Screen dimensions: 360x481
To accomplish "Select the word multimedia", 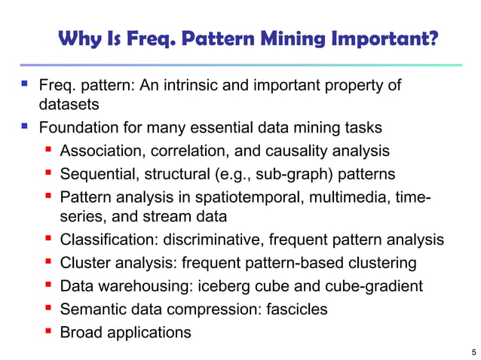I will (345, 199).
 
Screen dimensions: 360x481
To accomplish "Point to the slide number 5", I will (471, 350).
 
